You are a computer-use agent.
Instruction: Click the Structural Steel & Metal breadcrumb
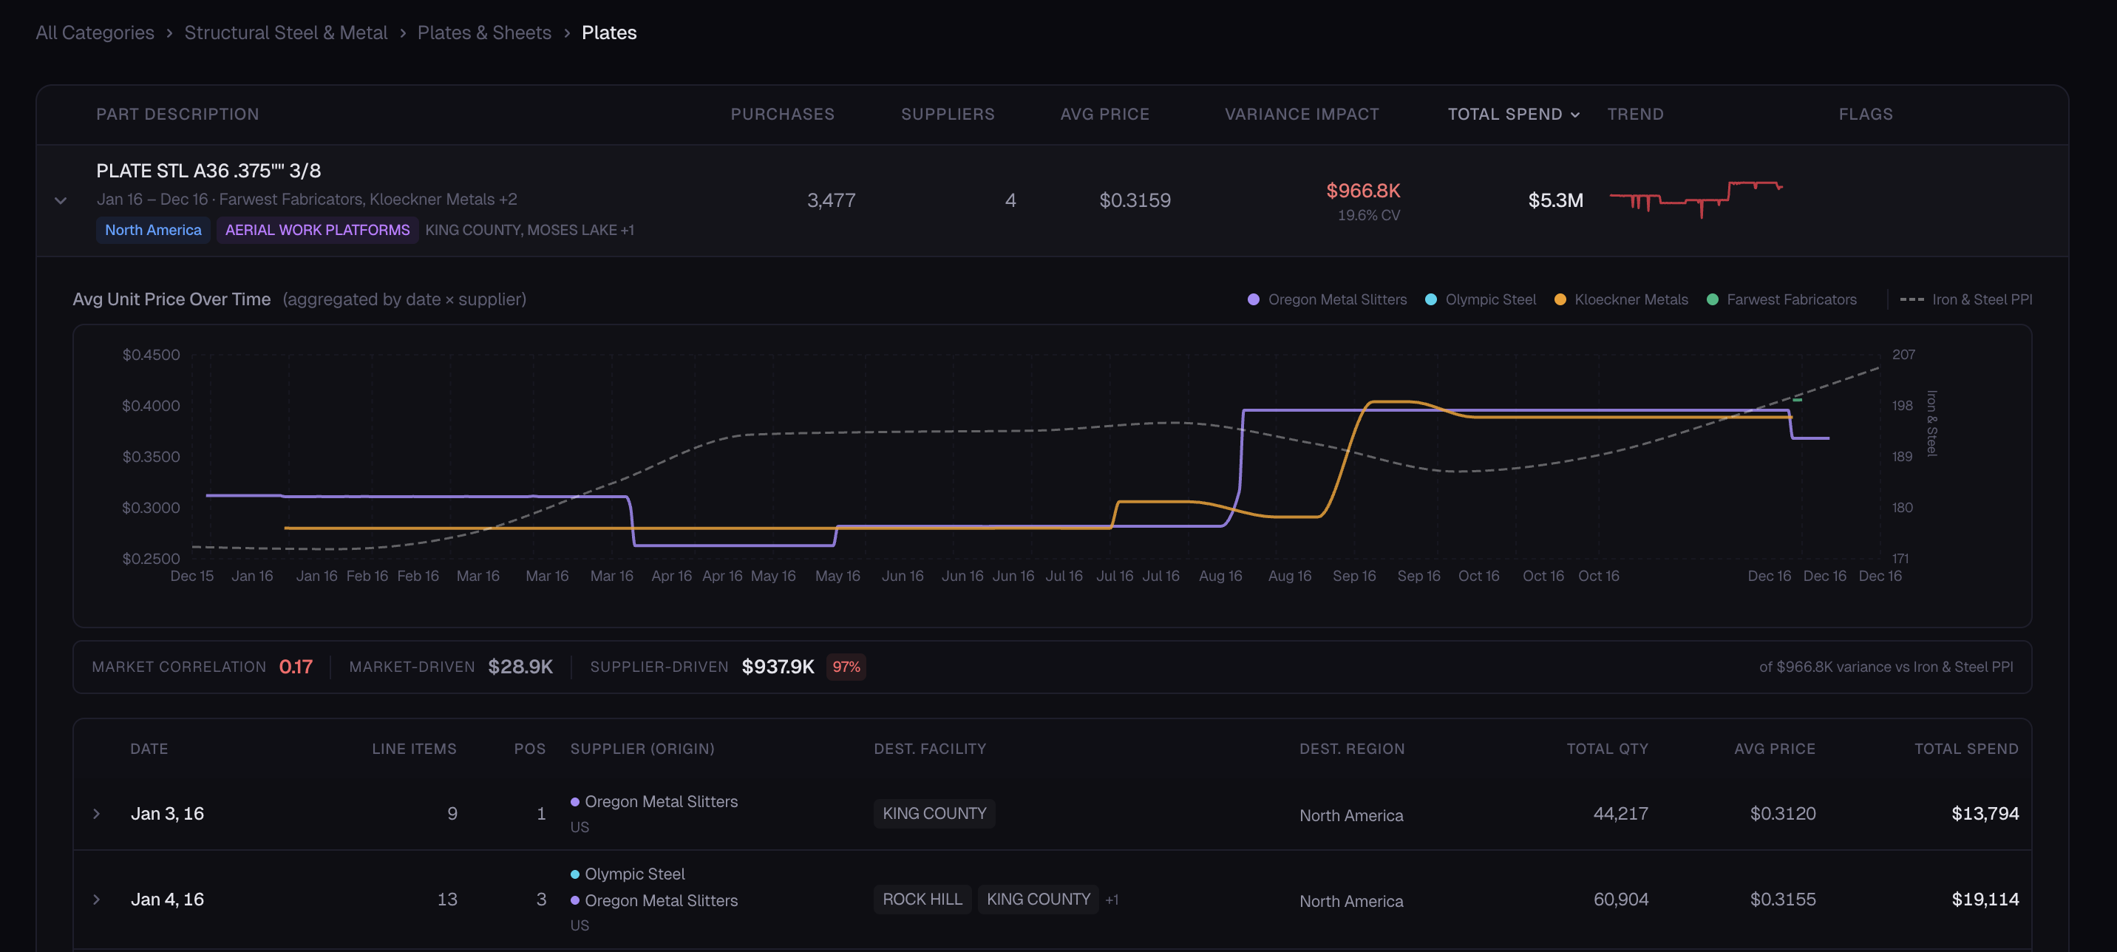pyautogui.click(x=285, y=33)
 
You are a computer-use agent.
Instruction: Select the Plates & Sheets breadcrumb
pyautogui.click(x=483, y=33)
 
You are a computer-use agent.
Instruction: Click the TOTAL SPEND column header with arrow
pyautogui.click(x=1512, y=115)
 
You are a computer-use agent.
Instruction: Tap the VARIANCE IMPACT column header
pyautogui.click(x=1301, y=115)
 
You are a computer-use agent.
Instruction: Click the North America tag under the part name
pyautogui.click(x=153, y=230)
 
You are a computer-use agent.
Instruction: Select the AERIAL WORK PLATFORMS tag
pyautogui.click(x=317, y=230)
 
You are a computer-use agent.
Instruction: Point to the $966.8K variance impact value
pyautogui.click(x=1362, y=191)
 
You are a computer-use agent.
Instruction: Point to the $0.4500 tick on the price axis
pyautogui.click(x=152, y=355)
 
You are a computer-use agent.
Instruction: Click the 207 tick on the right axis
pyautogui.click(x=1903, y=355)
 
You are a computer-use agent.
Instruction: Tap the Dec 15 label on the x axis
pyautogui.click(x=191, y=577)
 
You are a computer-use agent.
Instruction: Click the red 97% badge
pyautogui.click(x=846, y=667)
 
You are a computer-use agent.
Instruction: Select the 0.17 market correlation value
pyautogui.click(x=295, y=667)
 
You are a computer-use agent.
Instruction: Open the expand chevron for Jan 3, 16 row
pyautogui.click(x=97, y=814)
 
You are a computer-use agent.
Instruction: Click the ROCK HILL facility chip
pyautogui.click(x=921, y=900)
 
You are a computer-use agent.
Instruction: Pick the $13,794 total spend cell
pyautogui.click(x=1984, y=814)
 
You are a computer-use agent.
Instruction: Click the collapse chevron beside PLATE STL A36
pyautogui.click(x=60, y=200)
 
